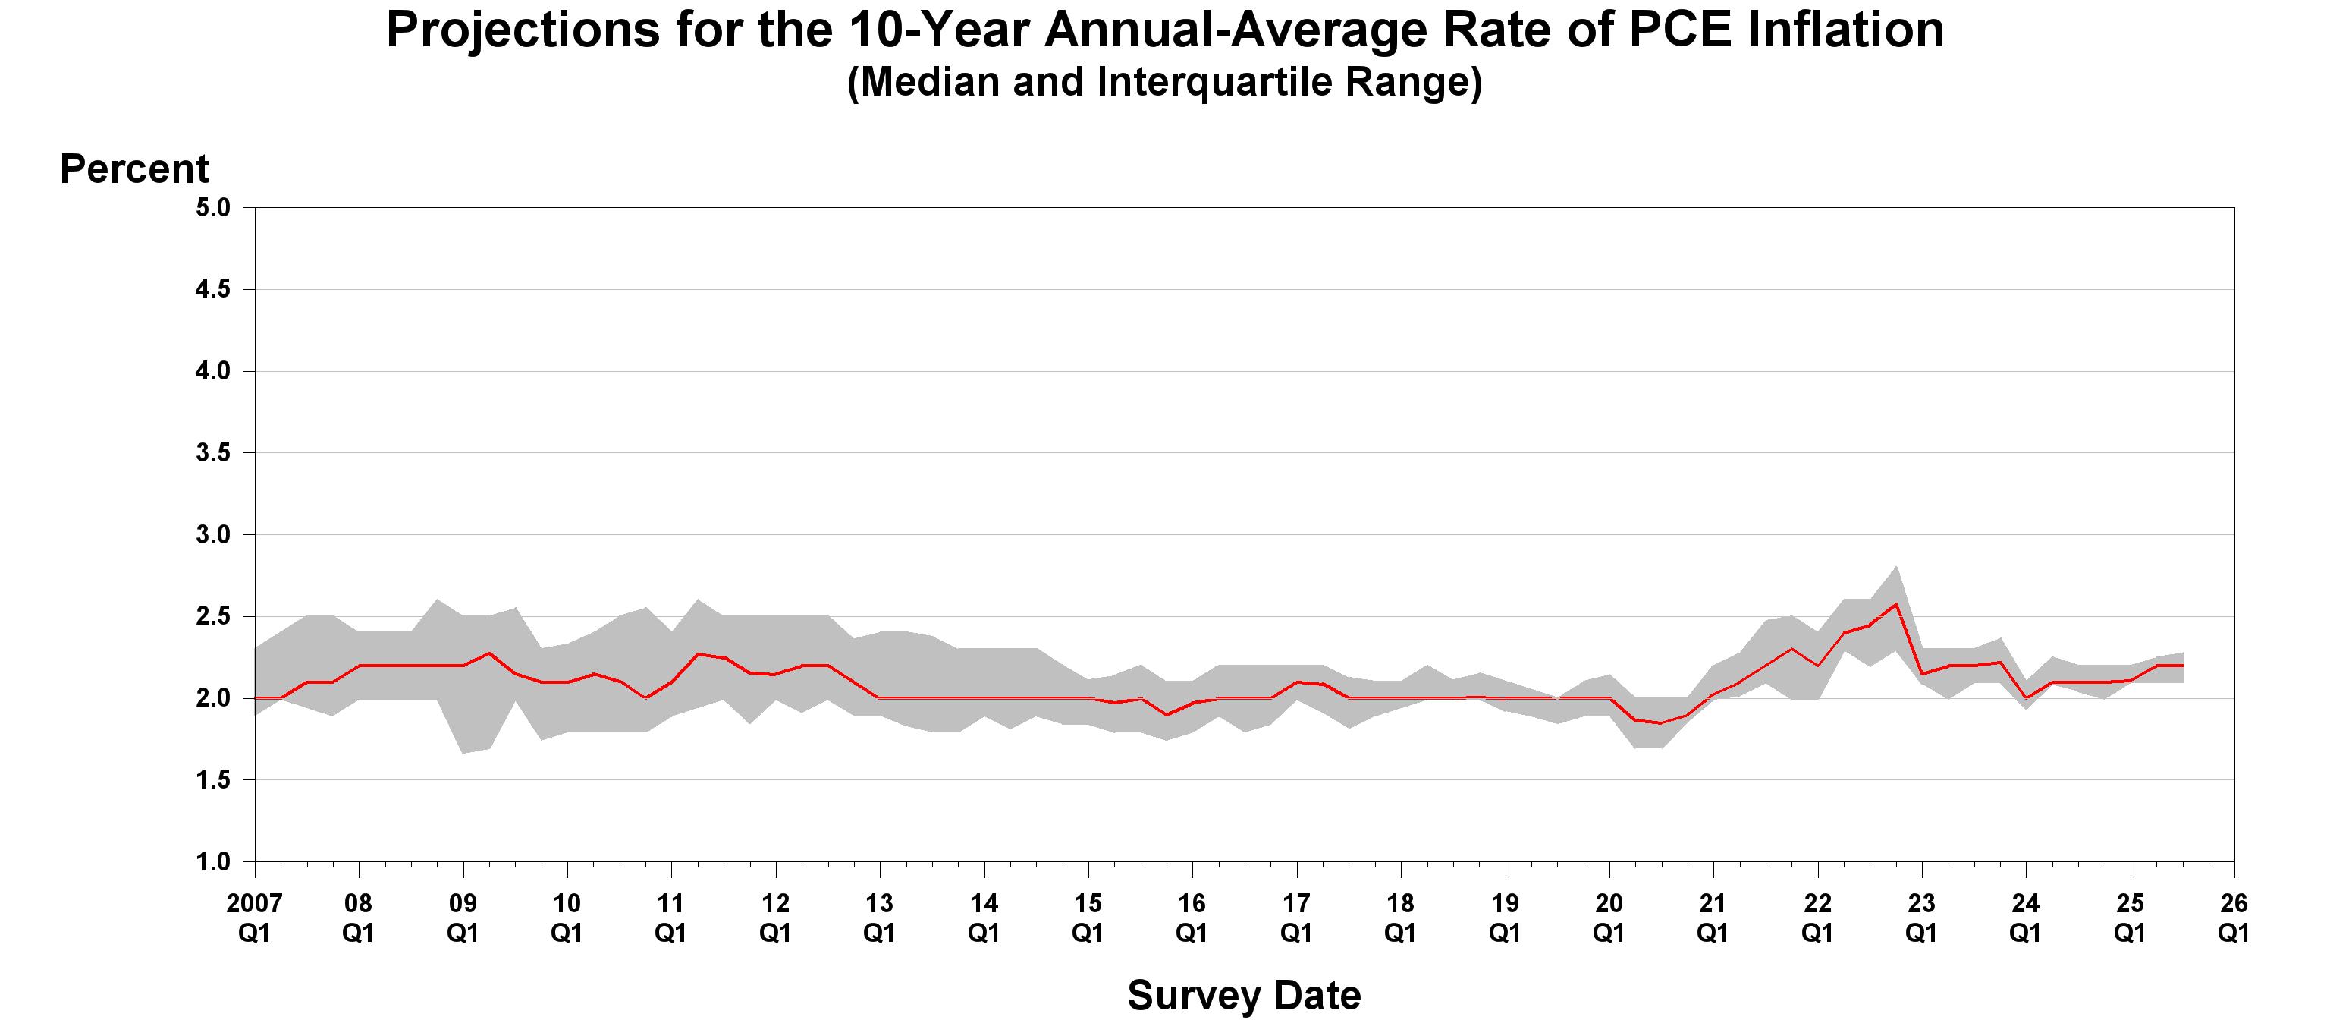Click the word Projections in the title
(523, 29)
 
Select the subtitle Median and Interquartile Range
(1164, 81)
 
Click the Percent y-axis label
(133, 169)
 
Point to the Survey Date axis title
(1244, 995)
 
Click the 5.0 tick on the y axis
(212, 208)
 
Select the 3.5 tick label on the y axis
(212, 452)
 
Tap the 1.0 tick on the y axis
(212, 861)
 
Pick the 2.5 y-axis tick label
(212, 616)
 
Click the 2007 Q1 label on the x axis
(254, 917)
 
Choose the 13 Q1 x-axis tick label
(879, 917)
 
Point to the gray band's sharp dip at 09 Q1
(463, 752)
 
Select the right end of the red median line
(2183, 666)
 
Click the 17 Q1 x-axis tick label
(1296, 917)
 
